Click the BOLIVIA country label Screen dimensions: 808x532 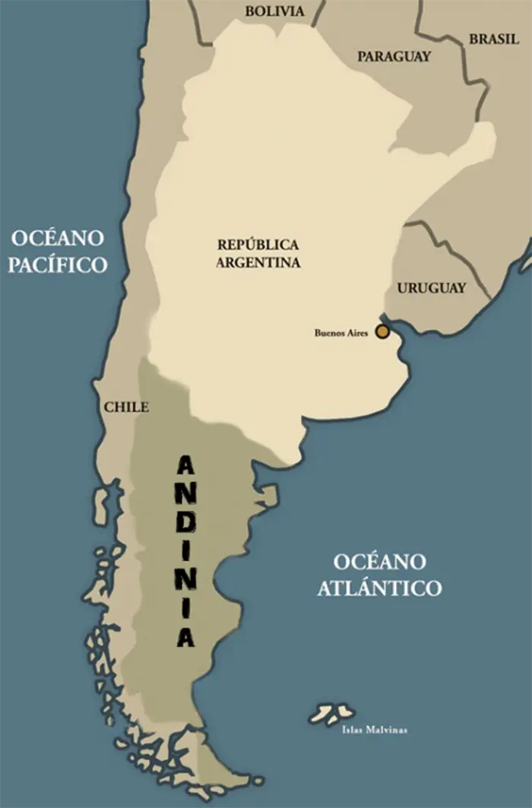274,11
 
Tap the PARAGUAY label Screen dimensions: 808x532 394,56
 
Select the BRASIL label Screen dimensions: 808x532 494,40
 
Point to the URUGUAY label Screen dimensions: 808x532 431,288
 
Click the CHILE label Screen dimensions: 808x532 126,407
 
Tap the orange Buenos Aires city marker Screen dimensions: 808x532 382,331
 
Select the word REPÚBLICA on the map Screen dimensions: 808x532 258,245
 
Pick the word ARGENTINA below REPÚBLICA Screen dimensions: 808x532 258,262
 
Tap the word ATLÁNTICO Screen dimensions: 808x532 379,588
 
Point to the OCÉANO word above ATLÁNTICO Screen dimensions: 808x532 379,562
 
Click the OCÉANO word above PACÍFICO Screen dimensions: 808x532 57,238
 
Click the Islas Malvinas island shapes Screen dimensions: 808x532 332,713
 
